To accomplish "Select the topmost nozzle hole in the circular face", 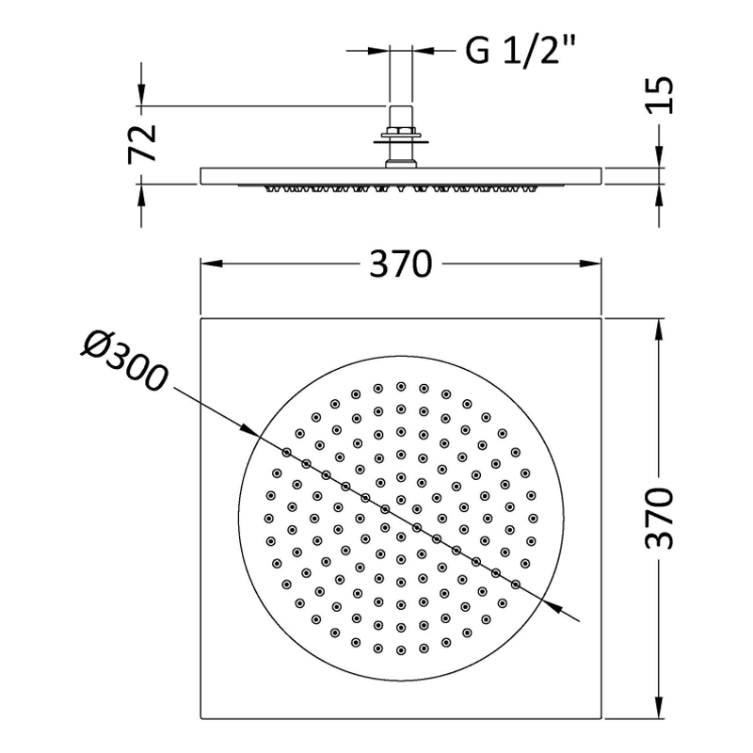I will click(400, 386).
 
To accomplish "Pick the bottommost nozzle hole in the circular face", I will click(400, 650).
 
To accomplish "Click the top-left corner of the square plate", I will click(200, 319).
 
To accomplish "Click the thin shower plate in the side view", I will click(282, 176).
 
